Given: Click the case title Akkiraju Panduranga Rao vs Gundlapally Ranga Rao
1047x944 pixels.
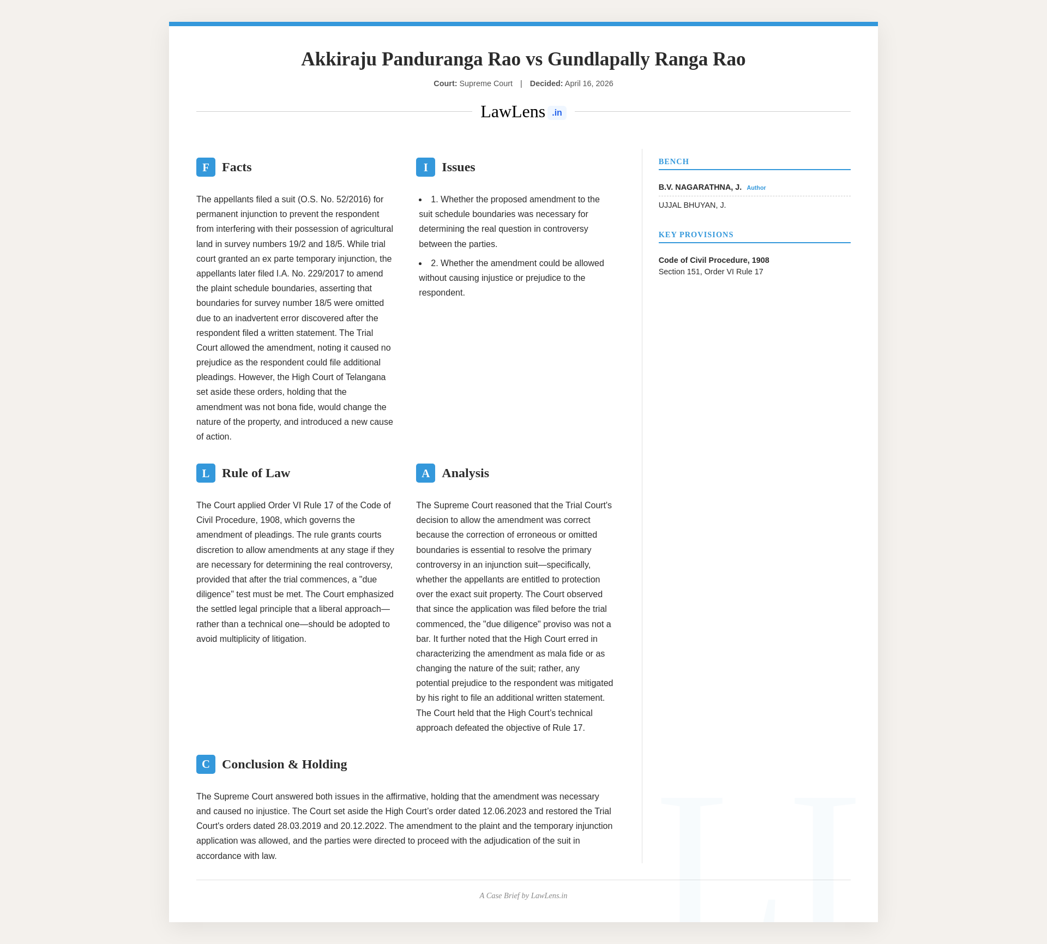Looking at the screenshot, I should tap(523, 59).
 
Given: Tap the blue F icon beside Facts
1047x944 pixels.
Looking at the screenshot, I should tap(206, 167).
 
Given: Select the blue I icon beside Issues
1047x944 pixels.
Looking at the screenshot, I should tap(425, 167).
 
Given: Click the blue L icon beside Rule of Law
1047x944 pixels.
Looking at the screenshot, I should tap(206, 473).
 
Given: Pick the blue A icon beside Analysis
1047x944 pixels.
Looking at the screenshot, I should tap(425, 473).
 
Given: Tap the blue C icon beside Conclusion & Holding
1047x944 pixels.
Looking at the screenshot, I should tap(206, 764).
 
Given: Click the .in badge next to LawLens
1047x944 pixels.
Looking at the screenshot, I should tap(557, 113).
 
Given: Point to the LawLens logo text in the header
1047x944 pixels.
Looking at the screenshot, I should tap(513, 112).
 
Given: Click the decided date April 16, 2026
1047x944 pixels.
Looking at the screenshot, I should tap(589, 83).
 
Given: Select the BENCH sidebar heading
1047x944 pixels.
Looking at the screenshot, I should tap(673, 161).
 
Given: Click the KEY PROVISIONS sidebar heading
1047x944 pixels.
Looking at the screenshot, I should tap(696, 235).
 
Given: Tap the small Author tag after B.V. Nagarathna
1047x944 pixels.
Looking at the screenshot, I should tap(756, 188).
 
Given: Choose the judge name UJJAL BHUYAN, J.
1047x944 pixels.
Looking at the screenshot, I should tap(692, 205).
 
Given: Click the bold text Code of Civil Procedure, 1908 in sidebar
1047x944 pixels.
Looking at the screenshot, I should tap(714, 260).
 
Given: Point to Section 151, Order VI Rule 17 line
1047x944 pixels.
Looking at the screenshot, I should tap(711, 272).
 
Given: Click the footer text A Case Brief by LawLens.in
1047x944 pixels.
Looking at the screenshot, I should tap(523, 895).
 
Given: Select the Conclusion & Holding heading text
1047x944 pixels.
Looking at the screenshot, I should tap(284, 764).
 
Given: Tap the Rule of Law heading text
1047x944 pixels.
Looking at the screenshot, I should tap(256, 473).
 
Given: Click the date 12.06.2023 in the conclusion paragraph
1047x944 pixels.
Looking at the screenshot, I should tap(504, 811).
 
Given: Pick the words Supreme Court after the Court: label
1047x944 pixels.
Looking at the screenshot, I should tap(486, 83).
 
